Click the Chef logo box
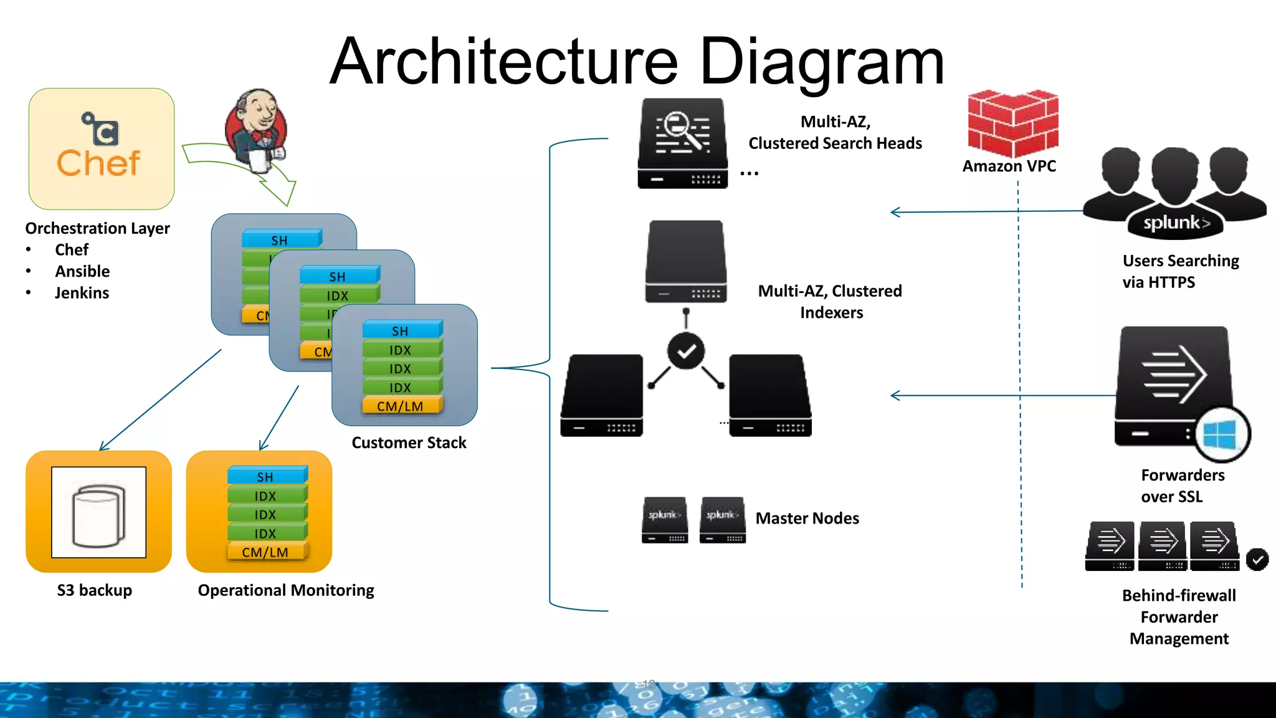tap(101, 148)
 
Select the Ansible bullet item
tap(82, 271)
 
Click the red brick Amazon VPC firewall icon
tap(1012, 123)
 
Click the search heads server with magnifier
tap(683, 143)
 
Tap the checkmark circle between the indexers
tap(686, 351)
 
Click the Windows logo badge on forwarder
tap(1220, 434)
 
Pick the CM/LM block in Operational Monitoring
tap(265, 552)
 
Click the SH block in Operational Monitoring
tap(265, 477)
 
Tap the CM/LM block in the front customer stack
tap(400, 406)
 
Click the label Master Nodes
tap(807, 519)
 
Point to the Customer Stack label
tap(409, 443)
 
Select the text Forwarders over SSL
tap(1182, 486)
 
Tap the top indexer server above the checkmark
tap(686, 261)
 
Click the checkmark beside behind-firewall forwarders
tap(1257, 559)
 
